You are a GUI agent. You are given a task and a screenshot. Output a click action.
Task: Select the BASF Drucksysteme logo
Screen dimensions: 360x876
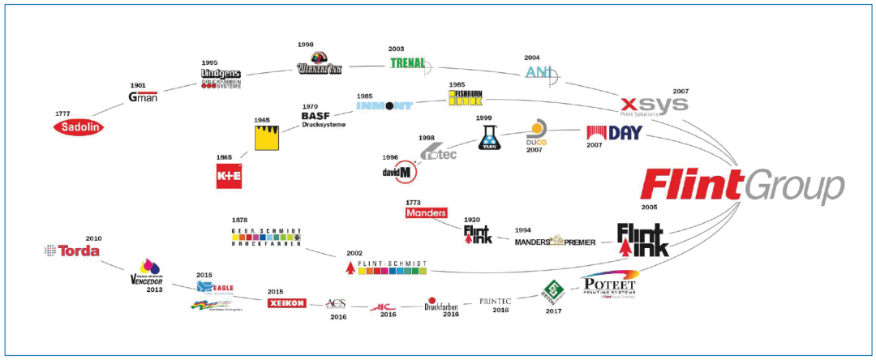point(324,120)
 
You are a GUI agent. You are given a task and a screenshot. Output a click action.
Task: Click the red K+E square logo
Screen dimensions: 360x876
point(230,175)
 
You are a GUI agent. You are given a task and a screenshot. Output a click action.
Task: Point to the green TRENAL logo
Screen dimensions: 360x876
point(409,63)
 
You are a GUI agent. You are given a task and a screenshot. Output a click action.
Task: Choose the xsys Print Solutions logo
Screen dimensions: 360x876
point(654,105)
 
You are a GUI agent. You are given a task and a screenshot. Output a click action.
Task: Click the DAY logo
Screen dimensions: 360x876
point(613,133)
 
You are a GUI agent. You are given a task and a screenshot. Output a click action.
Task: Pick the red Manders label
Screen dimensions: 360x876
point(426,213)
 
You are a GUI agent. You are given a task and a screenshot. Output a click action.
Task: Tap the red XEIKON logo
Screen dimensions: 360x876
point(286,303)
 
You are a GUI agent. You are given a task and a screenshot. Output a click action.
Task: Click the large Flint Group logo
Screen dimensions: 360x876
point(741,186)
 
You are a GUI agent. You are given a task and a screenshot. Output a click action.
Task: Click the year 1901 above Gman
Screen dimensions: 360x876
point(139,85)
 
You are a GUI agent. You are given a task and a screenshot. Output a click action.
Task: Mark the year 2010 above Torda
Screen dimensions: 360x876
point(94,238)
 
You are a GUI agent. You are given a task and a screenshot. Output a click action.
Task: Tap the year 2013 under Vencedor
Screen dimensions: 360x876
point(155,289)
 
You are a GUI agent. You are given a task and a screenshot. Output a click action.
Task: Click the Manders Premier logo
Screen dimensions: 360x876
point(555,242)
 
